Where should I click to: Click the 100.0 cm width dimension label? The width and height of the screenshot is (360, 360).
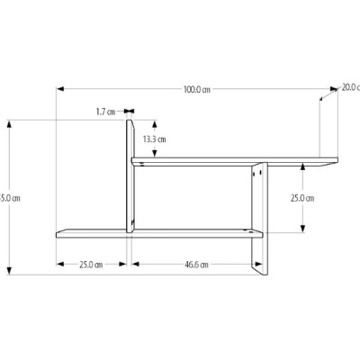click(x=197, y=89)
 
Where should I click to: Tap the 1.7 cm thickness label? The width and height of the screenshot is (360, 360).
click(x=105, y=112)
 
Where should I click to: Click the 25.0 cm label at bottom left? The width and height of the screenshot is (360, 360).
click(x=90, y=265)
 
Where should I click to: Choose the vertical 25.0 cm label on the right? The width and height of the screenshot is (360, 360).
click(x=302, y=198)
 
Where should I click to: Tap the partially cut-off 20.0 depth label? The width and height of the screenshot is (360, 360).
click(x=349, y=87)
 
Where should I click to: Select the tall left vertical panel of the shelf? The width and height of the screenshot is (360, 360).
click(x=130, y=175)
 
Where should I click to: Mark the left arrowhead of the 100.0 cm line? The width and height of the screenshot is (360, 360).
click(x=60, y=89)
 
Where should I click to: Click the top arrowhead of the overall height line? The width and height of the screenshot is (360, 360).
click(x=9, y=122)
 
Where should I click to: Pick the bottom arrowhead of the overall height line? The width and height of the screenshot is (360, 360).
click(x=9, y=272)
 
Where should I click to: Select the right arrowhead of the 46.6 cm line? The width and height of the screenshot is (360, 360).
click(x=247, y=265)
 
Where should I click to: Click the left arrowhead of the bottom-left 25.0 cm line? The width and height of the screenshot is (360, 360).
click(x=59, y=265)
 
